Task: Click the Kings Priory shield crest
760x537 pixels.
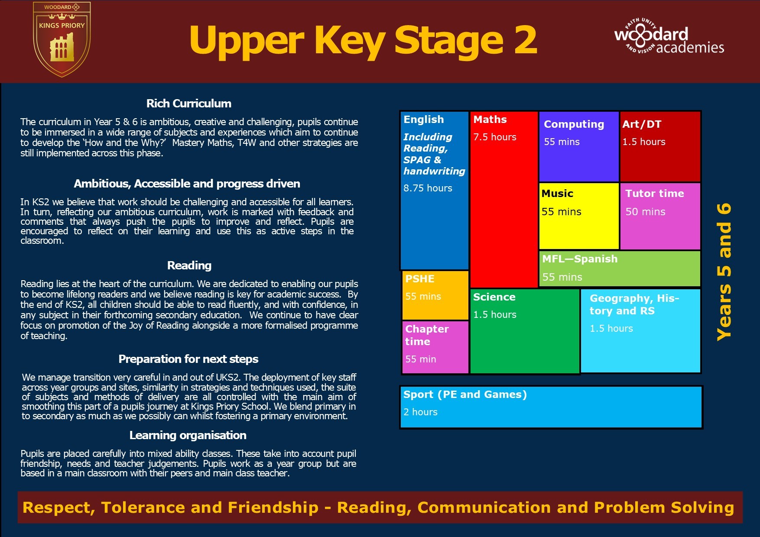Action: tap(62, 39)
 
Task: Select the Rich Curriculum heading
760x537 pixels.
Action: tap(189, 104)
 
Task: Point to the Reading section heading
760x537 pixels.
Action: tap(189, 265)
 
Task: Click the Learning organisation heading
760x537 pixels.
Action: tap(188, 435)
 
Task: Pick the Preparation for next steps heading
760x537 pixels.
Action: tap(188, 359)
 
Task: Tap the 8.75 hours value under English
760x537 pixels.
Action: tap(428, 188)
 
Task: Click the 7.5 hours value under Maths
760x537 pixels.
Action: tap(495, 137)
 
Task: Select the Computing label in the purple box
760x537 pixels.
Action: tap(574, 124)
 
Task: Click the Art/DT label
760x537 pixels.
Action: tap(642, 124)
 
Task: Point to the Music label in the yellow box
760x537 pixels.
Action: tap(557, 194)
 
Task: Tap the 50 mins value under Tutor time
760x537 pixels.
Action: tap(645, 212)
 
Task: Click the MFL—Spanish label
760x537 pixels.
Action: tap(580, 259)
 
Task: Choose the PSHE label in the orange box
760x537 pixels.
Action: tap(420, 279)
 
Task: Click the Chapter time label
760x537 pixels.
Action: tap(427, 335)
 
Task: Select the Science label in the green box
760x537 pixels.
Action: tap(494, 297)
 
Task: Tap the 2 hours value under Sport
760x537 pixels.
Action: tap(420, 412)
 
